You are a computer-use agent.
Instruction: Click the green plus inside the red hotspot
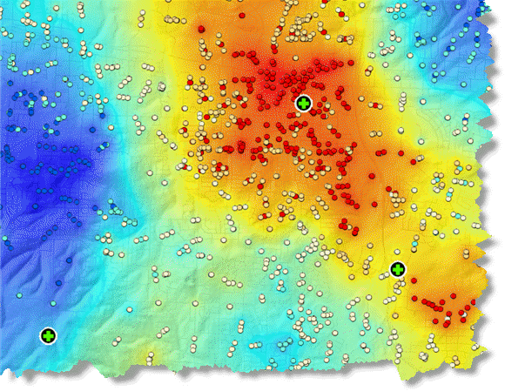pos(302,104)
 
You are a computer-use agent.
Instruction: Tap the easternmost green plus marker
pos(398,268)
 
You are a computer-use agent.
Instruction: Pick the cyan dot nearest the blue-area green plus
pos(52,302)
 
